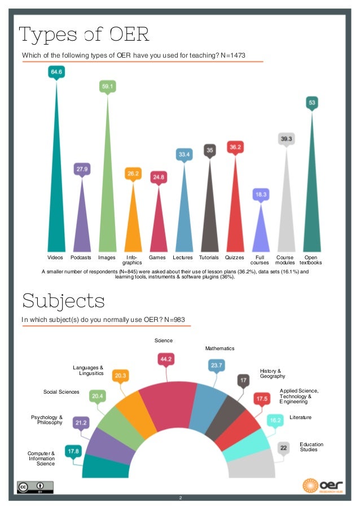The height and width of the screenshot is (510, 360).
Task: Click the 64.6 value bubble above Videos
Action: [56, 72]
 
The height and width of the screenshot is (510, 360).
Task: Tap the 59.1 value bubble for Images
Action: [107, 86]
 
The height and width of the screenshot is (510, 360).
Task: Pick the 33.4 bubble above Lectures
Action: [184, 154]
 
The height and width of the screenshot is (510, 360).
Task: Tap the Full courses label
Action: [260, 260]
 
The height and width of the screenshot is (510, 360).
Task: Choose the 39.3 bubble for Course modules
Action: [286, 139]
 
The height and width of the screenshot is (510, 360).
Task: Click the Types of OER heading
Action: [84, 35]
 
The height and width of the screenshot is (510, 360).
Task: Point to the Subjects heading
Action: [63, 300]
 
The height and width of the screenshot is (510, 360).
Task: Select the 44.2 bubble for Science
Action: [166, 359]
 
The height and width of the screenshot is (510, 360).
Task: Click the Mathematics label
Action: [219, 348]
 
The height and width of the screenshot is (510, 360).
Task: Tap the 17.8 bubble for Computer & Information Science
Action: [73, 451]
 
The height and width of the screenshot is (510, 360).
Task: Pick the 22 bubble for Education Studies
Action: [284, 447]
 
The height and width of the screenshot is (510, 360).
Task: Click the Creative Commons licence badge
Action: [35, 487]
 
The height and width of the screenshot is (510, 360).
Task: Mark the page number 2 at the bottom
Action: [180, 498]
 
